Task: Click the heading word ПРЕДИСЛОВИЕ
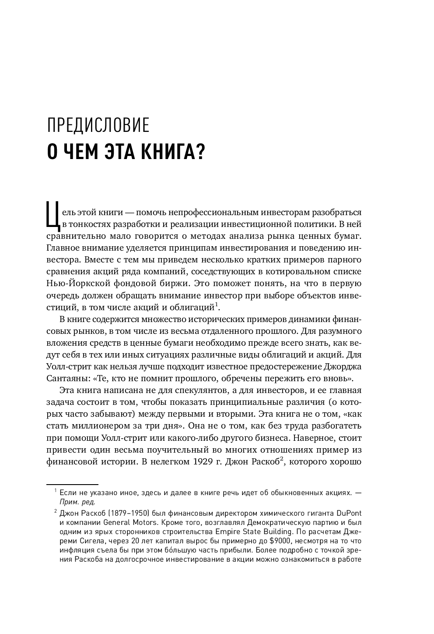(98, 126)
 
